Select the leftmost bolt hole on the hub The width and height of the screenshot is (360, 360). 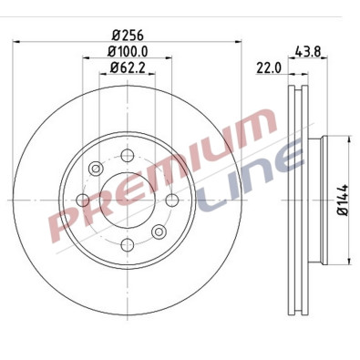tap(83, 201)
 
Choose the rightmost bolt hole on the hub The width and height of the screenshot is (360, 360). tap(171, 201)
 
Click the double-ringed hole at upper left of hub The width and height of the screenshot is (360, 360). tap(96, 170)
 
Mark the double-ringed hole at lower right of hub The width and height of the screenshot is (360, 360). tap(159, 232)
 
